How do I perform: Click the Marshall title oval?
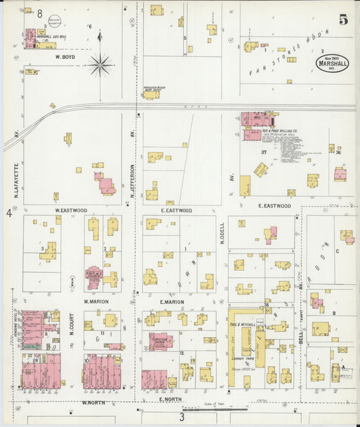(x=332, y=65)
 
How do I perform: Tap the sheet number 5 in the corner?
(x=343, y=20)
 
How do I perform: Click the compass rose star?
(x=100, y=66)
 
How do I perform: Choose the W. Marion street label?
(x=97, y=301)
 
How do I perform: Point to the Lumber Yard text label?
(x=240, y=357)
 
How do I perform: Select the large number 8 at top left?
(x=40, y=14)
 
